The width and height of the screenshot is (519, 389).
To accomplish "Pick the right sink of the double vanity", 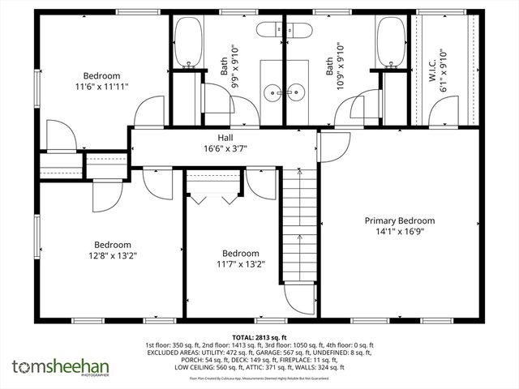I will coord(297,92).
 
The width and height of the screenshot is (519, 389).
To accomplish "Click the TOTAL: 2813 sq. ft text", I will coord(259,336).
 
